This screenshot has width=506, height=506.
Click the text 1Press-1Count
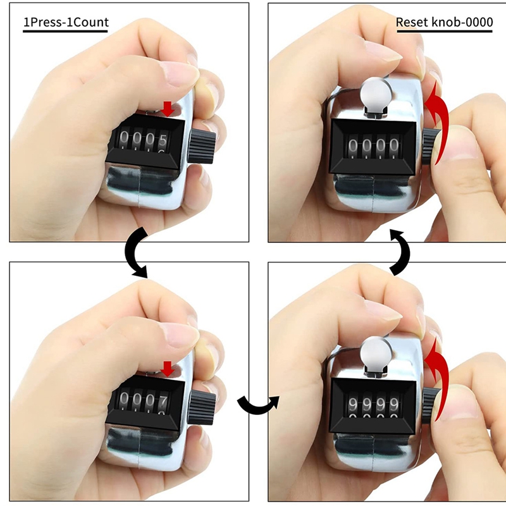point(66,23)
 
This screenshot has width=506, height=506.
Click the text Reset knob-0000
point(444,23)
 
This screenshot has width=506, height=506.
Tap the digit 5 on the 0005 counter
point(163,139)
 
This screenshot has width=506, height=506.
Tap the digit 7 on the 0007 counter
point(163,400)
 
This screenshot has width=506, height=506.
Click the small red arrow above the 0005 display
point(168,108)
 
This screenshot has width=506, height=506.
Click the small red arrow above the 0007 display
point(168,368)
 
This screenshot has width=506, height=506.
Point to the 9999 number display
point(373,405)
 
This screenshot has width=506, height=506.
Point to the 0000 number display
point(373,147)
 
